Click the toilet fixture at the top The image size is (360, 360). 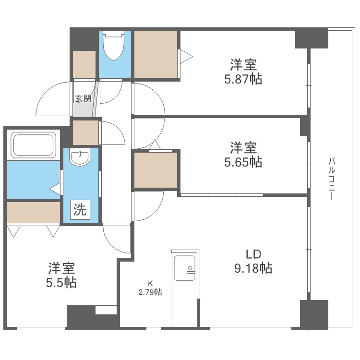(x=113, y=47)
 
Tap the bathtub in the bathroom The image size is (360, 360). (x=33, y=144)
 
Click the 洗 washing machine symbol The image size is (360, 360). (x=80, y=210)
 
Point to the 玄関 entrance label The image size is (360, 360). (x=83, y=99)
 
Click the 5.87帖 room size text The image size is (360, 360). (x=243, y=79)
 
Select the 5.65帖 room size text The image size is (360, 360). (x=243, y=162)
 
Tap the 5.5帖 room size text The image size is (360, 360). (x=61, y=282)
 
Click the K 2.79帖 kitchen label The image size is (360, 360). (x=150, y=288)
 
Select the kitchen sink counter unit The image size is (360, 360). (x=185, y=288)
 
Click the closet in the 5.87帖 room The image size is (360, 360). (x=156, y=54)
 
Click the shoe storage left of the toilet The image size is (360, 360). (x=84, y=64)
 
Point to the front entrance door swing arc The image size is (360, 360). (x=53, y=98)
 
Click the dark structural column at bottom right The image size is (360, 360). (x=314, y=314)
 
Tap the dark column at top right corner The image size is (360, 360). (x=311, y=38)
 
